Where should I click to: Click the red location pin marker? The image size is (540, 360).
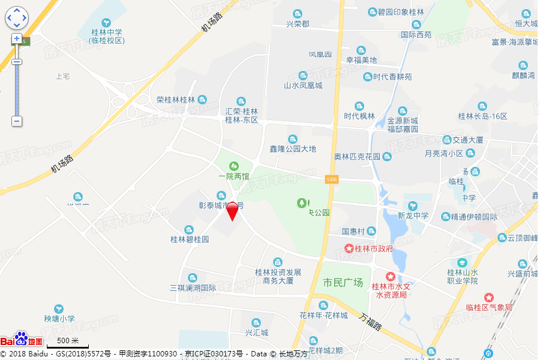click(232, 211)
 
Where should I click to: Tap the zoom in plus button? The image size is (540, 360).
click(17, 38)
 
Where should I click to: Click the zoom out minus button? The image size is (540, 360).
click(17, 121)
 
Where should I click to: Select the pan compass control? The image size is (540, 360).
click(17, 18)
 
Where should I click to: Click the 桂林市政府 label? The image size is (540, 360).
click(369, 248)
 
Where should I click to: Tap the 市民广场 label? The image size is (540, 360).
click(343, 283)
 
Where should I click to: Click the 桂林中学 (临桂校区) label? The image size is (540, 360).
click(106, 36)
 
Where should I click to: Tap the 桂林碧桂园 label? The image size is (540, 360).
click(190, 239)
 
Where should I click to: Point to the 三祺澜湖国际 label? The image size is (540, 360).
click(193, 287)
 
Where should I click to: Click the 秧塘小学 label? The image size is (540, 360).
click(59, 319)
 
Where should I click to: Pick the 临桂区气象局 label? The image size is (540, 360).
click(489, 307)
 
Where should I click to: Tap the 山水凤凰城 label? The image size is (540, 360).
click(303, 85)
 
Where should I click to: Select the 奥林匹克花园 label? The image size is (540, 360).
click(358, 157)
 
